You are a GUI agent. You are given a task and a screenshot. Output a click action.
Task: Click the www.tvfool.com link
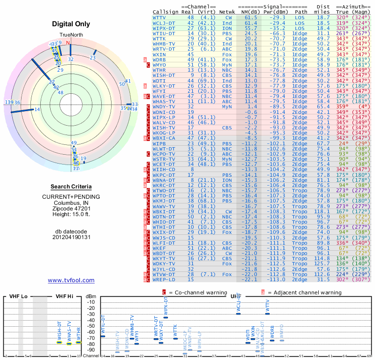click(71, 280)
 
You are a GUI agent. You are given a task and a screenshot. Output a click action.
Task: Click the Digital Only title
click(71, 24)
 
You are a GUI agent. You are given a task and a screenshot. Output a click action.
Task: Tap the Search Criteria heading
click(71, 187)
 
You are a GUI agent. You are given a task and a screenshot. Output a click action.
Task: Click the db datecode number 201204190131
click(71, 237)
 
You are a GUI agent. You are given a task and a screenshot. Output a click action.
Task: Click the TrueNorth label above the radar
click(71, 35)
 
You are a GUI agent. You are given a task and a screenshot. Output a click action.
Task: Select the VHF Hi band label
click(66, 297)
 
